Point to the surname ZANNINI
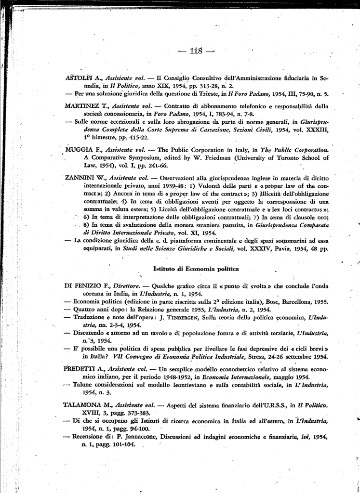click(80, 178)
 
